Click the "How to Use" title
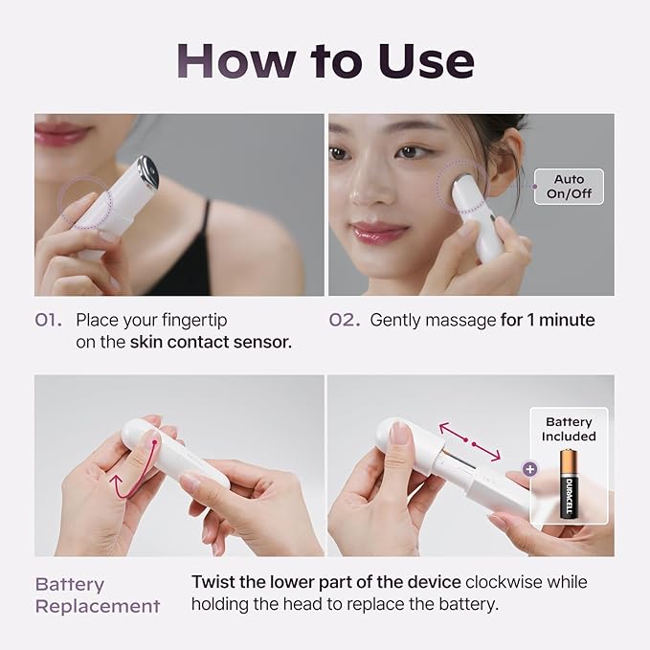[x=325, y=61]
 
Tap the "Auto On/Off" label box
[x=569, y=187]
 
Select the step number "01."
[x=49, y=320]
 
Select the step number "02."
[x=345, y=320]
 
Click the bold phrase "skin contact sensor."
[x=211, y=342]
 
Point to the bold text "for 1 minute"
[x=548, y=320]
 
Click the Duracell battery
[x=570, y=483]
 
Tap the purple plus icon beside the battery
[x=529, y=469]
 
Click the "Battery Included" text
[x=569, y=429]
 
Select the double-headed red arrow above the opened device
[x=470, y=441]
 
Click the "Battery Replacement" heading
[x=98, y=595]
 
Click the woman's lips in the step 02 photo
[x=379, y=232]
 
